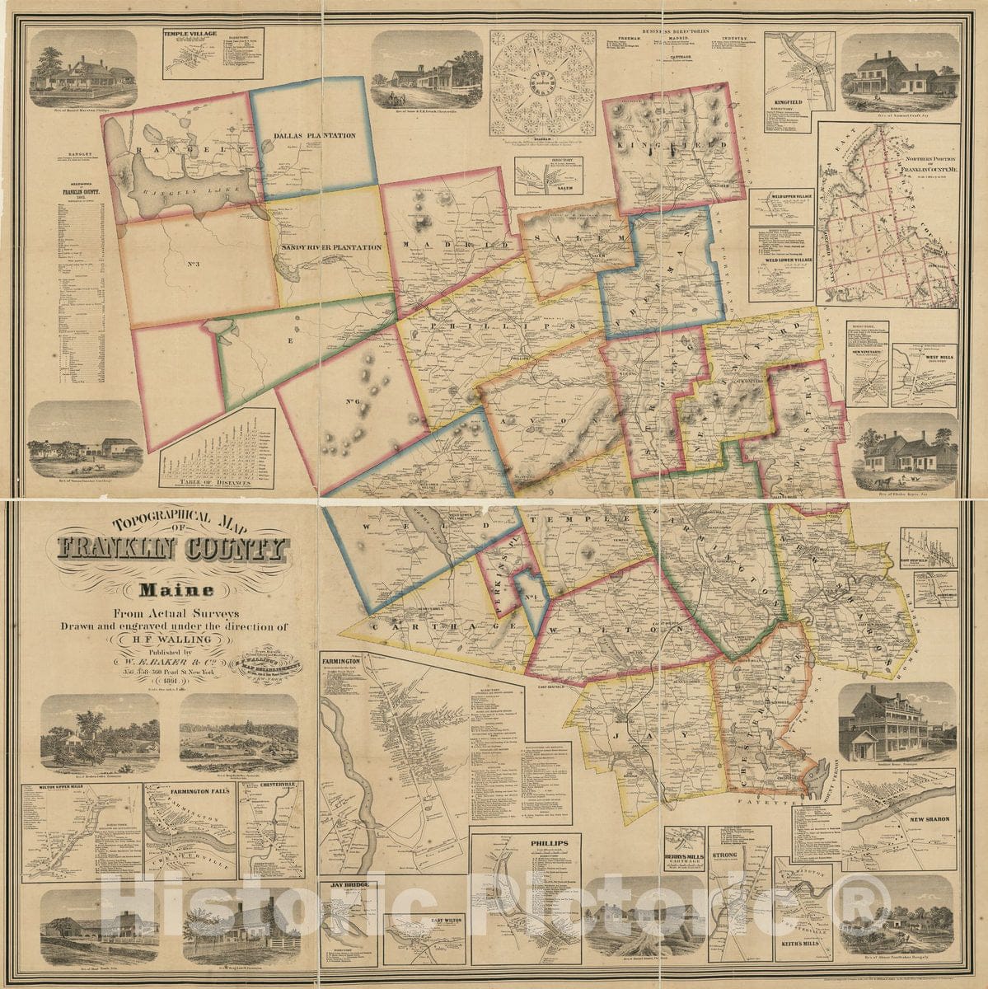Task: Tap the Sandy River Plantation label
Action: (x=331, y=247)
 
